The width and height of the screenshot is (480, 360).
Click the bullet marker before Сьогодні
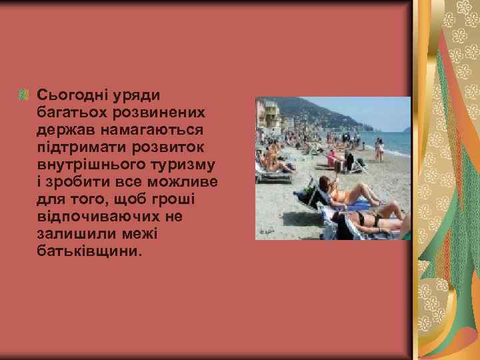pyautogui.click(x=25, y=95)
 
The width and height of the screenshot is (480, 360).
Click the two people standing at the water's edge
pyautogui.click(x=379, y=147)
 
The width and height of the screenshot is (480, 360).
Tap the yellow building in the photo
pyautogui.click(x=269, y=115)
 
